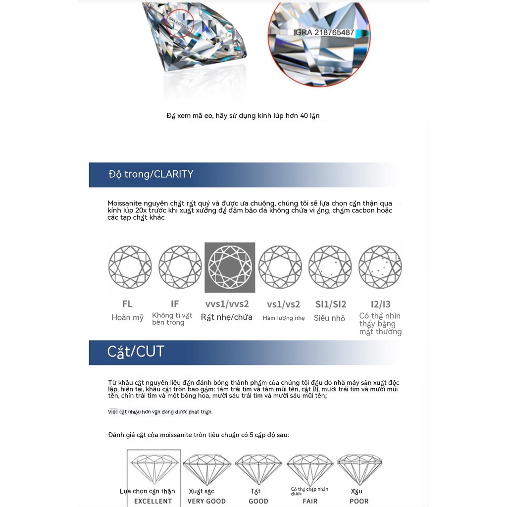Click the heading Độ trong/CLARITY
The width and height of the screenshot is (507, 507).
[151, 174]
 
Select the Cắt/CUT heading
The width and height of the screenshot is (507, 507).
[136, 352]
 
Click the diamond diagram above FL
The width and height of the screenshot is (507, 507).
[130, 267]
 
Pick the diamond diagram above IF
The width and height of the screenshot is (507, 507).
[180, 267]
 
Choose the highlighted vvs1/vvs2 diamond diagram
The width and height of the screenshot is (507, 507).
[230, 267]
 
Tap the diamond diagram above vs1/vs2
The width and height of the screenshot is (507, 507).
[280, 267]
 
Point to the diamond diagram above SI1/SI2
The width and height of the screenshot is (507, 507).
[330, 267]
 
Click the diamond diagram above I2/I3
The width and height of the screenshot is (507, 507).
[380, 267]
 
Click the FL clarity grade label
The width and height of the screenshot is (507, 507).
[127, 304]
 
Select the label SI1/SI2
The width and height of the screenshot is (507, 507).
[330, 304]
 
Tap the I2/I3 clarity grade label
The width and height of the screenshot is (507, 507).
[380, 304]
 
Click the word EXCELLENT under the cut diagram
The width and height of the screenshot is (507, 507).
[153, 501]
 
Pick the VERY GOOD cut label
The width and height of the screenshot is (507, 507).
[206, 501]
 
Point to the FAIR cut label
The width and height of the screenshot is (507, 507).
[310, 501]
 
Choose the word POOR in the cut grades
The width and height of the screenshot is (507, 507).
[359, 501]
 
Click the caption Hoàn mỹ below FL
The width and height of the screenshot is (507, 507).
[127, 318]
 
